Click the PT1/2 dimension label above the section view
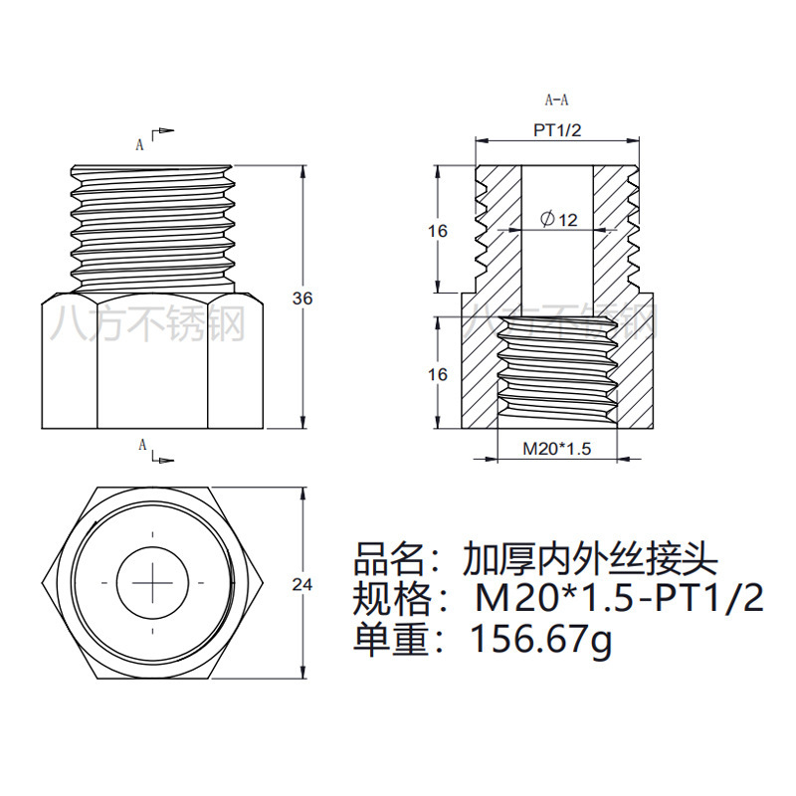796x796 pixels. [556, 130]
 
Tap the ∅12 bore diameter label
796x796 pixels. [559, 219]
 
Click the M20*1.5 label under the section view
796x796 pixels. [557, 449]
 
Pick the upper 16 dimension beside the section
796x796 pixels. [437, 231]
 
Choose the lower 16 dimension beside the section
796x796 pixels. [437, 374]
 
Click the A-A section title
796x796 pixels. [556, 99]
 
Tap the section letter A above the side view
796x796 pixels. [140, 143]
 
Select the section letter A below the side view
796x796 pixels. [140, 444]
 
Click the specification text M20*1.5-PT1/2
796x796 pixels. [617, 599]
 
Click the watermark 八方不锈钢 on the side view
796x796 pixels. [150, 322]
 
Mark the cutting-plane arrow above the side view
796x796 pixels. [163, 131]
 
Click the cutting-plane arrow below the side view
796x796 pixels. [163, 459]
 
